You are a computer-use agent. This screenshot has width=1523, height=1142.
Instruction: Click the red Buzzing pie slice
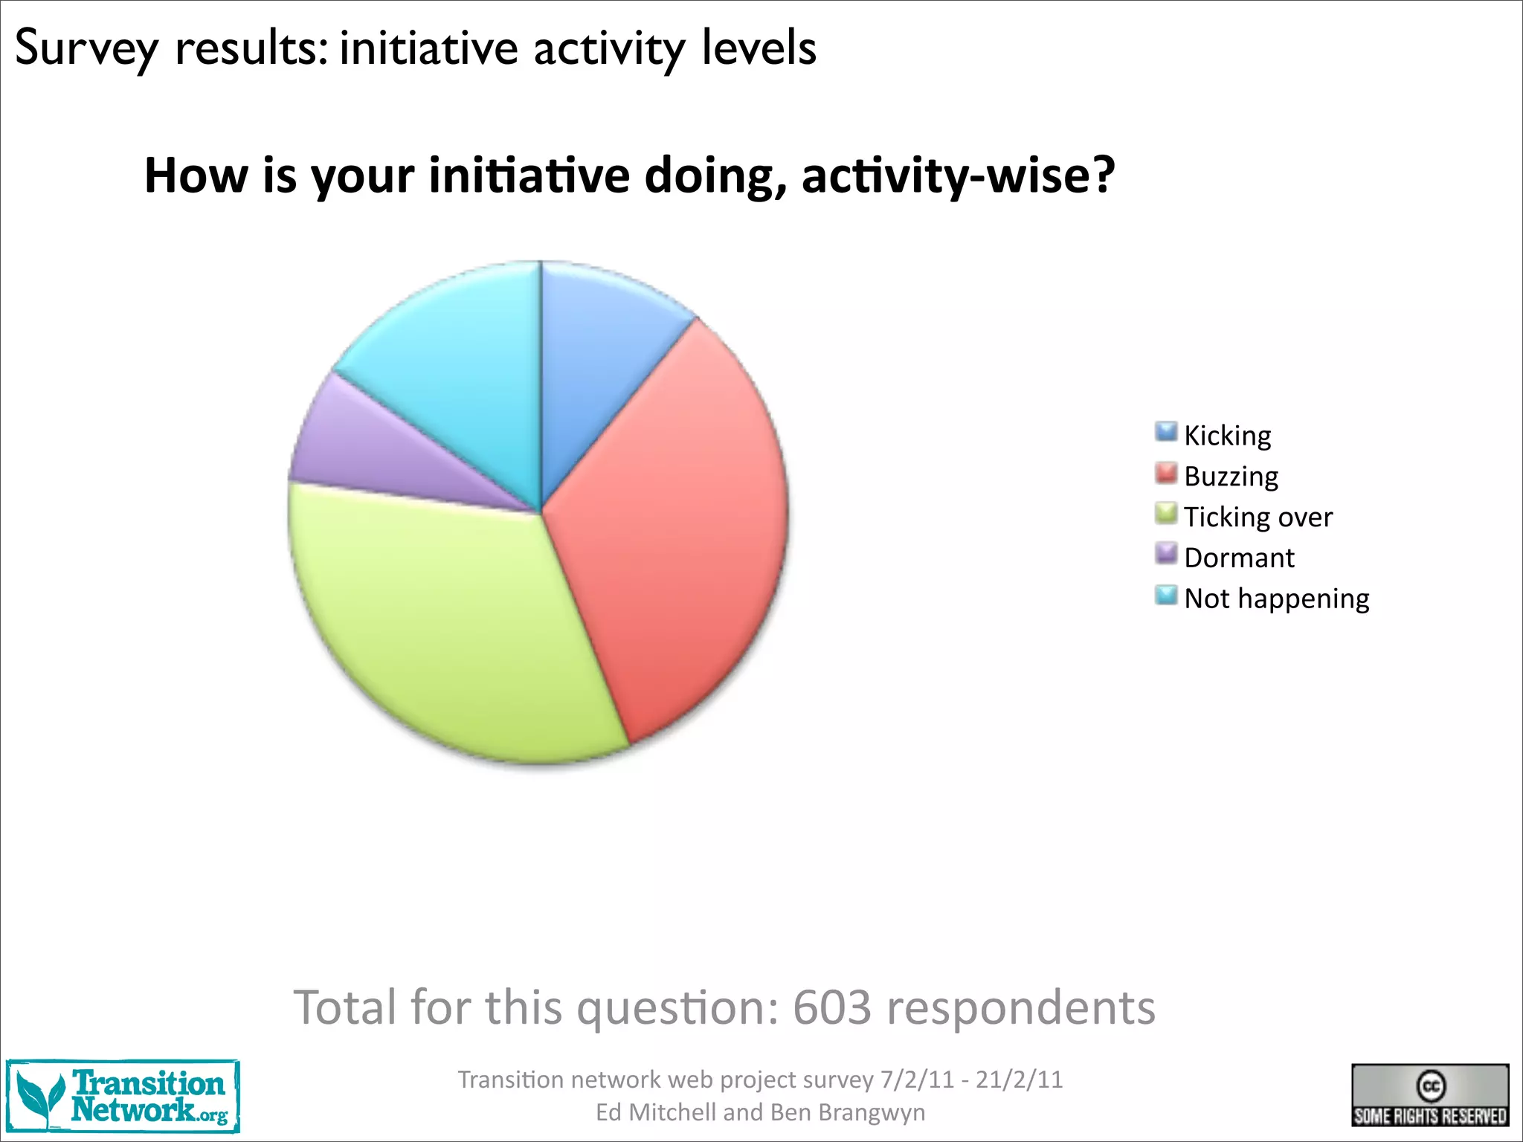click(x=669, y=520)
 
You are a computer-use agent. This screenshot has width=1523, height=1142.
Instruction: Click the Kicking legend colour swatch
click(x=1166, y=432)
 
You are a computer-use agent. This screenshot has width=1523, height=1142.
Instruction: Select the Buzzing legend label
click(x=1231, y=476)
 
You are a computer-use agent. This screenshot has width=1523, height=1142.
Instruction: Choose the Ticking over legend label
click(x=1258, y=517)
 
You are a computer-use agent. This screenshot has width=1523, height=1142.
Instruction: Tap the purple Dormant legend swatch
click(x=1166, y=554)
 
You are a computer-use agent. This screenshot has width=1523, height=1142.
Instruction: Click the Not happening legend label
click(x=1276, y=599)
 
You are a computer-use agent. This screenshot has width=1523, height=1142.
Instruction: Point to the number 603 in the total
click(x=831, y=1007)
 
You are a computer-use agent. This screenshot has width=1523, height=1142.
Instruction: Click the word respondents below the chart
click(x=1021, y=1009)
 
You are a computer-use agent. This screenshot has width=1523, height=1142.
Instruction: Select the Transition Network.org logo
click(x=123, y=1097)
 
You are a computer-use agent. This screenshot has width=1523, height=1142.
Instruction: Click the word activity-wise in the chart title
click(x=958, y=175)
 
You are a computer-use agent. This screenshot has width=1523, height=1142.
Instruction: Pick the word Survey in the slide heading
click(x=86, y=48)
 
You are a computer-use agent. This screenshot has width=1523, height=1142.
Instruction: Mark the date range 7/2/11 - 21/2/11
click(x=971, y=1080)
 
